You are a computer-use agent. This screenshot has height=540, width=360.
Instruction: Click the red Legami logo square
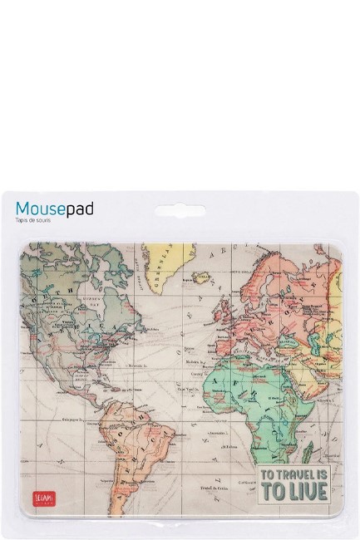click(32, 495)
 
